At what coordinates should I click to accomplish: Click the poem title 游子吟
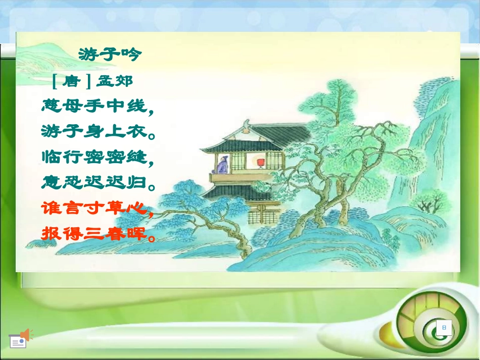(108, 54)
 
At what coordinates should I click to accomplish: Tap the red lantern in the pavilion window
(260, 162)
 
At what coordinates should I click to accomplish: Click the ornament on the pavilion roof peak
(246, 123)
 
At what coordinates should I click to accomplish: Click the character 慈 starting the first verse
(51, 106)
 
